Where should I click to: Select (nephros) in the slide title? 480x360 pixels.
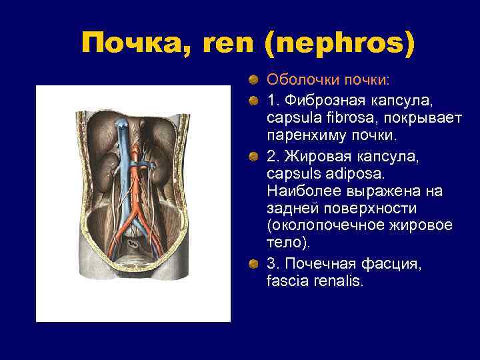pos(339,44)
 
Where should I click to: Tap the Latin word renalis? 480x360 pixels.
pos(337,281)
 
